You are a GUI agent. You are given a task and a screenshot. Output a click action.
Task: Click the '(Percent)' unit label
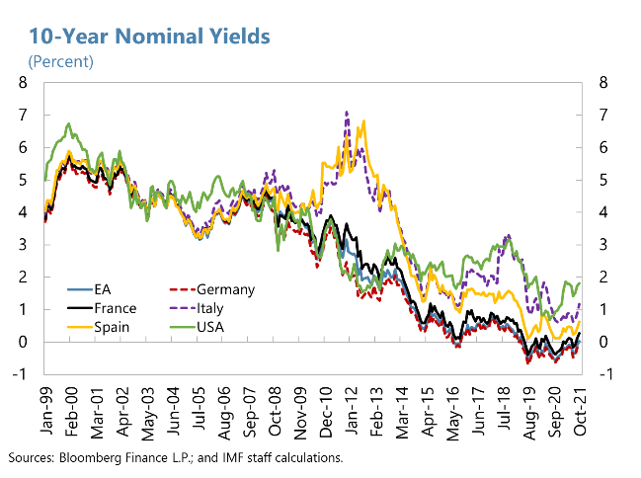click(x=60, y=61)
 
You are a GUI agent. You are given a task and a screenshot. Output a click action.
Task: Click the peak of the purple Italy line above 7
click(x=346, y=112)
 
